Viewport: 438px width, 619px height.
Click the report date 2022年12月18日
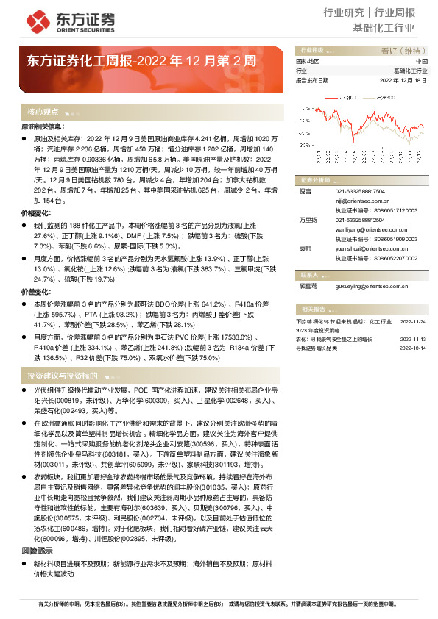(x=403, y=79)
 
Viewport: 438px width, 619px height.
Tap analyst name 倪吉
(x=305, y=190)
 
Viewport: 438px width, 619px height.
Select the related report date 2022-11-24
(x=412, y=321)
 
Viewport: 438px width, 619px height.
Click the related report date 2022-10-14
(x=412, y=348)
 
